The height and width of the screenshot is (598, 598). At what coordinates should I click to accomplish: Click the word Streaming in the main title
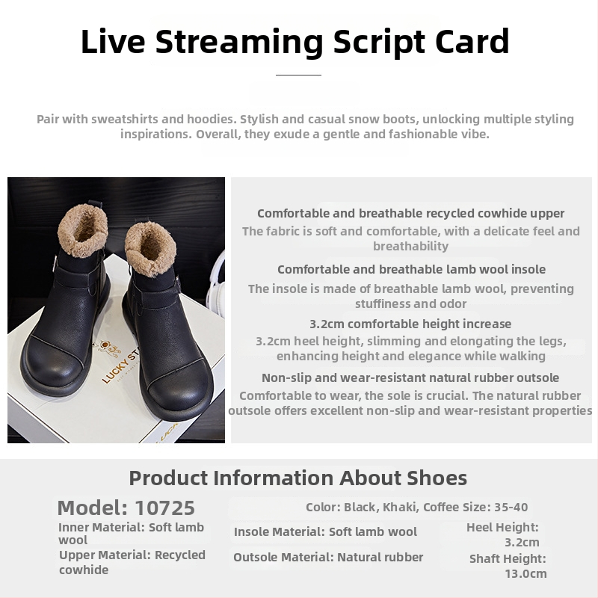[x=239, y=42]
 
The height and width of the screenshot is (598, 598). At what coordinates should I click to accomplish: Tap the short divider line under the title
[x=298, y=75]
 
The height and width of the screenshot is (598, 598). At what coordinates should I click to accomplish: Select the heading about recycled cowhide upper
[x=410, y=214]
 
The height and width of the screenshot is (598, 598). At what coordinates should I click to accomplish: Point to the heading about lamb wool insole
[x=411, y=270]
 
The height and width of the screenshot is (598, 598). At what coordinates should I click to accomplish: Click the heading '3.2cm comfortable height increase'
[x=410, y=324]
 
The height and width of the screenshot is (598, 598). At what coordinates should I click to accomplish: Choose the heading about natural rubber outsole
[x=410, y=378]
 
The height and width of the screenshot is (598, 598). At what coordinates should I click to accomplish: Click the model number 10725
[x=164, y=508]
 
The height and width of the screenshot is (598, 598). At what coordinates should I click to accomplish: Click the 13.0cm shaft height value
[x=525, y=573]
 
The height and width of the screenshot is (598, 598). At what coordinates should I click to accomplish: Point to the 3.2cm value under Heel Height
[x=522, y=543]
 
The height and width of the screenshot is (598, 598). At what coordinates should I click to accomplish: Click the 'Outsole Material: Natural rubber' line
[x=328, y=557]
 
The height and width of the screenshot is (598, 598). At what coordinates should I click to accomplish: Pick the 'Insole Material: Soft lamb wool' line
[x=325, y=531]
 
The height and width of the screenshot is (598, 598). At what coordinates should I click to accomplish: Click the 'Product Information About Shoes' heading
[x=298, y=478]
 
